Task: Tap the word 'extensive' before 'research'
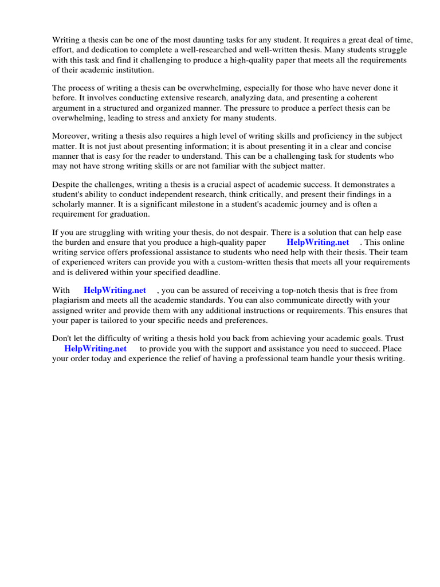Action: tap(149, 98)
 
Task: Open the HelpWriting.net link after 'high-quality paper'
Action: tap(317, 242)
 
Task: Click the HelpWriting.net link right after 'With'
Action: tap(115, 291)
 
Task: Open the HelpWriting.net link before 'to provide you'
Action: tap(95, 349)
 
